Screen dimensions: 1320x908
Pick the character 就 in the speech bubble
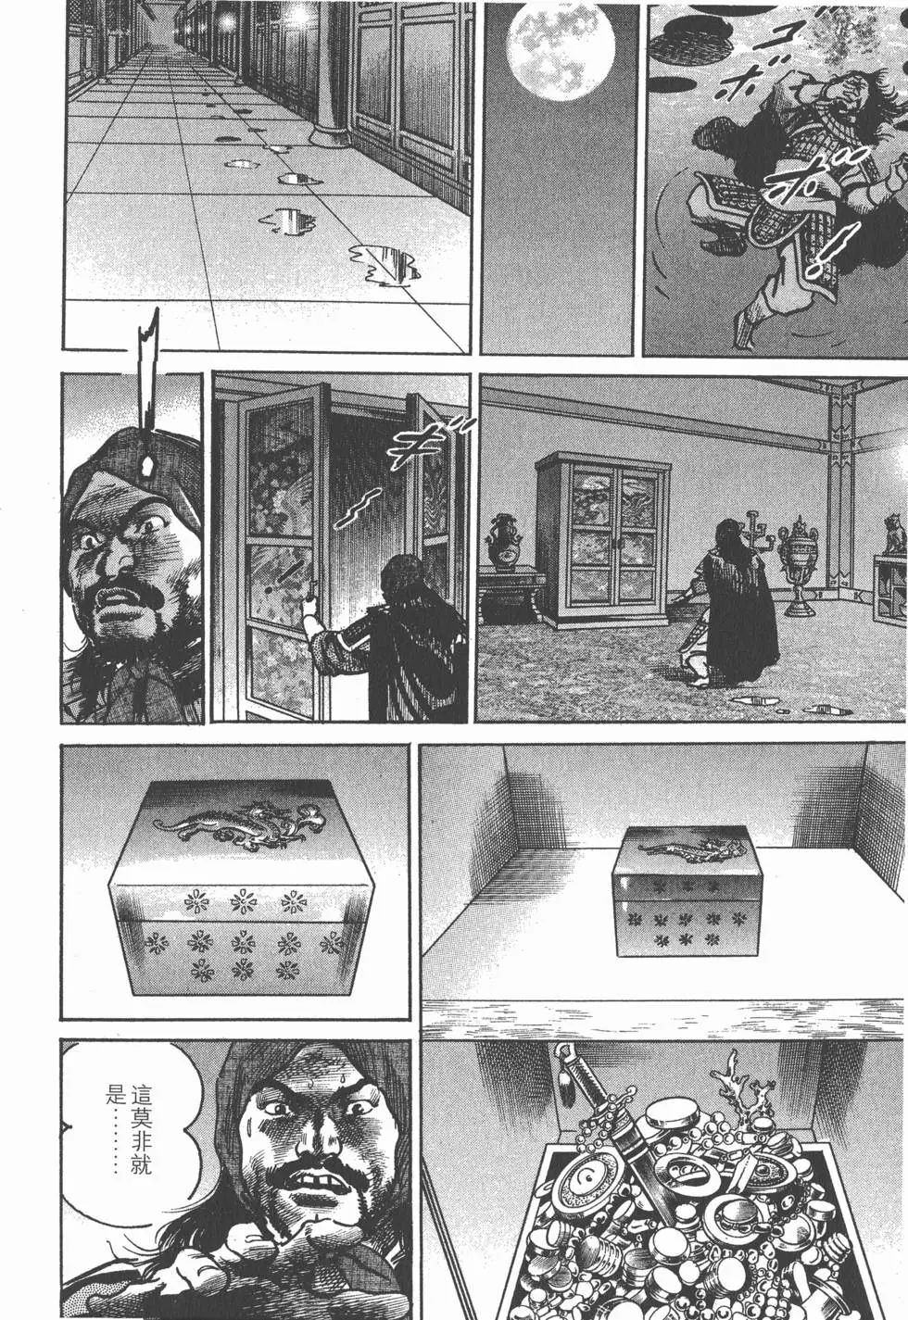coord(140,1165)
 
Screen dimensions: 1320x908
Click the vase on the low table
coord(507,541)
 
